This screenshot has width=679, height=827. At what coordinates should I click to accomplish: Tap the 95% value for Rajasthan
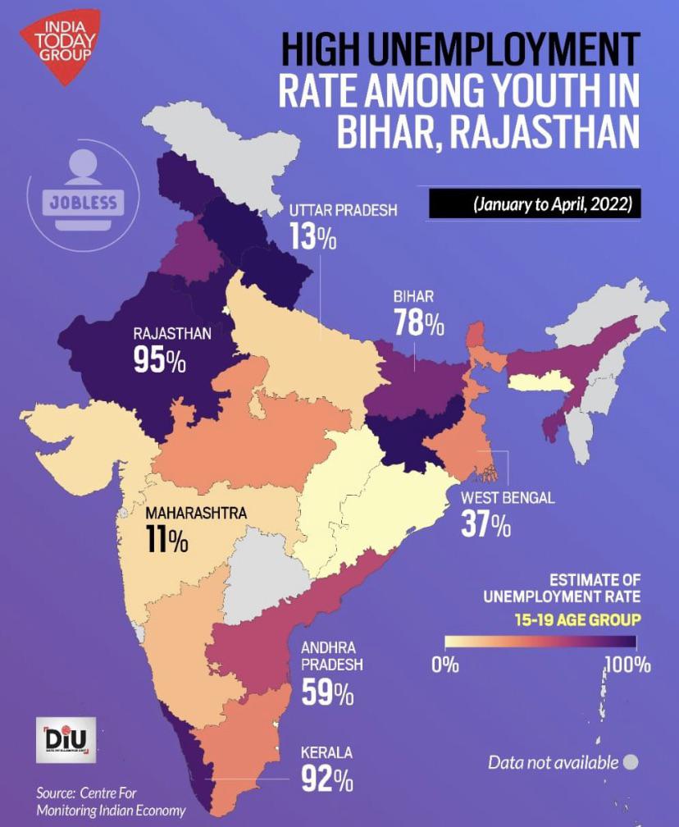pos(160,361)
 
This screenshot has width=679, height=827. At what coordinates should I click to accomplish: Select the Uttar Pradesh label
pos(343,211)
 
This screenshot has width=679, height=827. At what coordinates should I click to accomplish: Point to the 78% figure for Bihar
pos(419,323)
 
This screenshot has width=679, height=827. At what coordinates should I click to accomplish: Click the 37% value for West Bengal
pos(485,525)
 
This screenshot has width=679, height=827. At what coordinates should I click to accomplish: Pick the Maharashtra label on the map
pos(196,514)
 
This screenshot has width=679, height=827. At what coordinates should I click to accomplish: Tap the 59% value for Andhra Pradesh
pos(327,693)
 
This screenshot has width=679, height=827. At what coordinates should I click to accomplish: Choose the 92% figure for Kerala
pos(327,779)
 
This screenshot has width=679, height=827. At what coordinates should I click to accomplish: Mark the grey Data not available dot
pos(630,762)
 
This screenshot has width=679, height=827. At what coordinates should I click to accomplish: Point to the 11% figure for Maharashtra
pos(168,541)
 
